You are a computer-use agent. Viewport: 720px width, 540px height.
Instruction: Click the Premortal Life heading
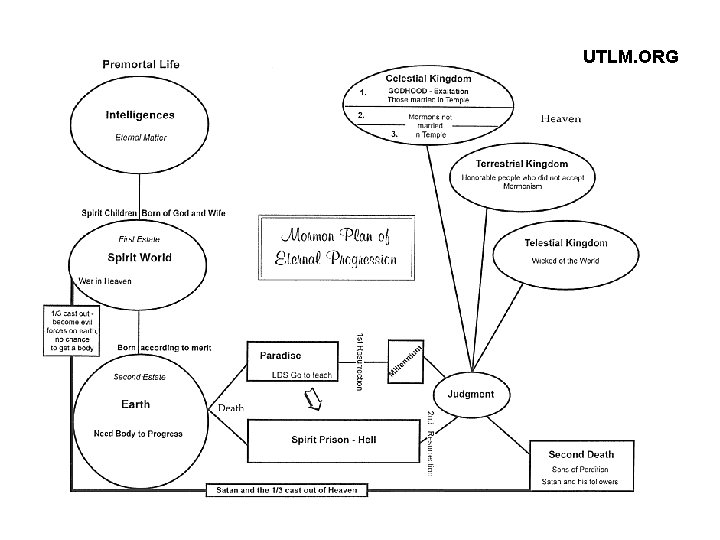[141, 64]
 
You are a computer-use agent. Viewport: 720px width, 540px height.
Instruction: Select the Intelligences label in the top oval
[140, 115]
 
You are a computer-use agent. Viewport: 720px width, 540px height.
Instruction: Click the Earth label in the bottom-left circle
[136, 404]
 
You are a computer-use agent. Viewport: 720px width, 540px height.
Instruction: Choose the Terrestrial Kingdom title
[522, 163]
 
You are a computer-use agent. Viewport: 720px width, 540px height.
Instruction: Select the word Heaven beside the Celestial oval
[560, 119]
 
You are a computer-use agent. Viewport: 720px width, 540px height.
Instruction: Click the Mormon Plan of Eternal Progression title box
[336, 249]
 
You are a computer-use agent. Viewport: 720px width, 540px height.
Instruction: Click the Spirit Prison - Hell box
[333, 439]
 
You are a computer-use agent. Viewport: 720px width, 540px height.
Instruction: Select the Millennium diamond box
[408, 361]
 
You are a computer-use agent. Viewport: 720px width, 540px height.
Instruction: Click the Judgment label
[470, 394]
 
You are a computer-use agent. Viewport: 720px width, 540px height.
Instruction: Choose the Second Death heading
[581, 454]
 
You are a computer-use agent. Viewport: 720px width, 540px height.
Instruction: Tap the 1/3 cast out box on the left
[70, 329]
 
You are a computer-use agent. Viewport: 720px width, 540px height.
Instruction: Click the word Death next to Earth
[231, 408]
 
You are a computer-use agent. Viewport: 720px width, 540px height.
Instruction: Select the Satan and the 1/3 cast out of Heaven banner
[287, 490]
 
